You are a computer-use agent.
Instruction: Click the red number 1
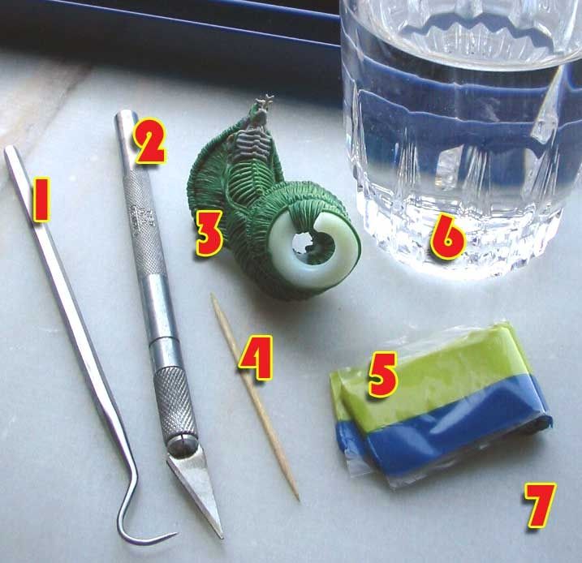41,200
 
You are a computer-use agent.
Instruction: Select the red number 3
209,232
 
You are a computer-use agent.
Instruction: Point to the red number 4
256,358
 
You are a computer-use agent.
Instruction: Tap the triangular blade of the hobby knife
196,489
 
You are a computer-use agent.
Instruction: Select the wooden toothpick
255,397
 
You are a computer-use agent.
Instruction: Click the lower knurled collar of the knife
175,403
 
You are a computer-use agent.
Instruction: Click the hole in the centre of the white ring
304,243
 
